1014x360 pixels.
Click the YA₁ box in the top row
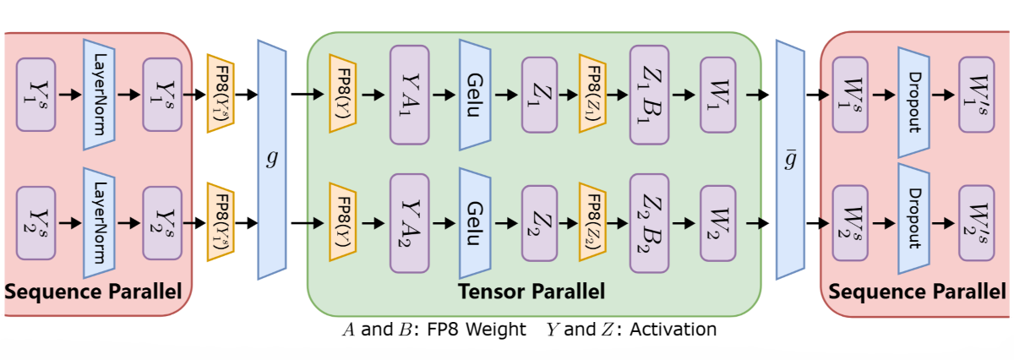point(411,94)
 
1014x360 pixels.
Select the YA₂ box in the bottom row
point(411,224)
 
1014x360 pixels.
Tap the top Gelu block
point(474,95)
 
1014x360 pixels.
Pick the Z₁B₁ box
point(651,94)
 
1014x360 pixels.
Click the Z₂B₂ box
point(651,224)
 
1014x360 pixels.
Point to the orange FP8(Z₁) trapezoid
point(591,94)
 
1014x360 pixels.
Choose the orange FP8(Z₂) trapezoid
point(591,224)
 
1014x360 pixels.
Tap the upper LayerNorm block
point(99,95)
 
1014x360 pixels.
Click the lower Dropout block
point(913,224)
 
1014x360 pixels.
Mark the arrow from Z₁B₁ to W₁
point(684,94)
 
